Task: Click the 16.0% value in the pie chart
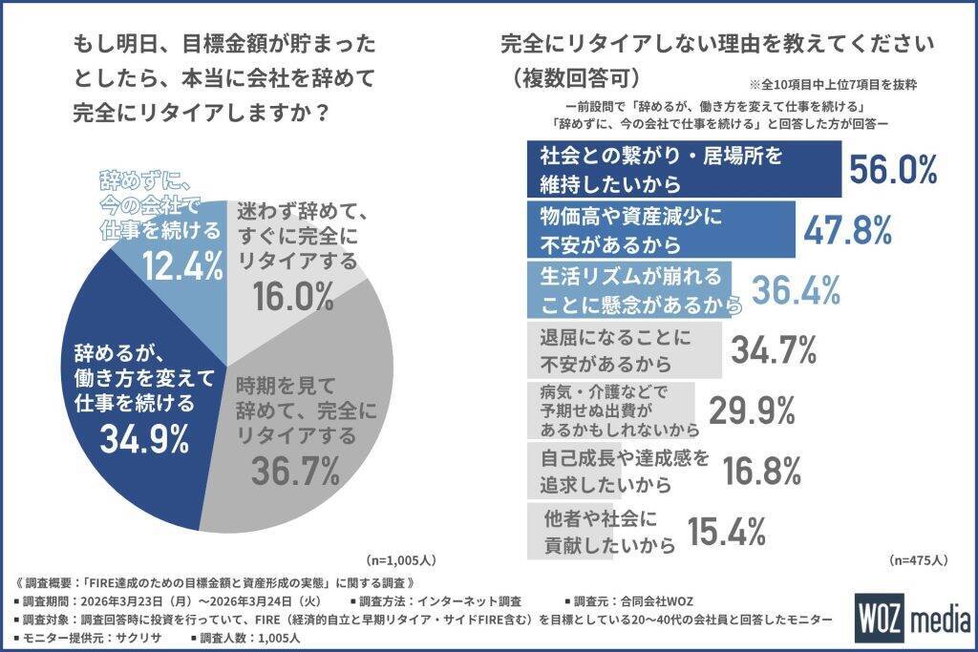pyautogui.click(x=294, y=296)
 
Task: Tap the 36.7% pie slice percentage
pyautogui.click(x=296, y=470)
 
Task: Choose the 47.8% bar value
pyautogui.click(x=847, y=229)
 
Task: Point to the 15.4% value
pyautogui.click(x=725, y=530)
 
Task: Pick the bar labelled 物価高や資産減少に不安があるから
pyautogui.click(x=661, y=229)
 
